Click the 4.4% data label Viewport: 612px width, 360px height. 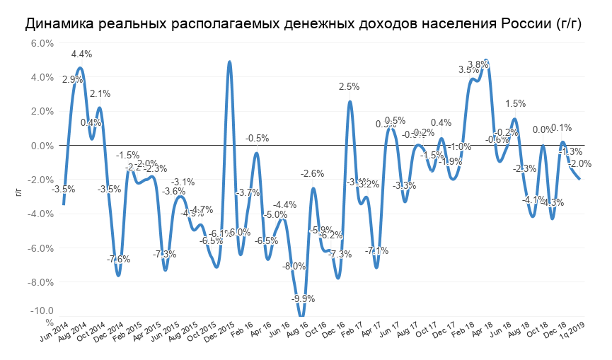(81, 54)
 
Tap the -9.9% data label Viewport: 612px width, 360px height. (303, 298)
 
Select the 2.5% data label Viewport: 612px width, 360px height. (350, 86)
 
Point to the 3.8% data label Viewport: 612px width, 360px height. (478, 64)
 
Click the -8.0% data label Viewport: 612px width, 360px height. (294, 266)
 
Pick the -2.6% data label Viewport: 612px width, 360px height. (313, 173)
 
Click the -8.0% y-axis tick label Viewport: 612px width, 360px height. (42, 282)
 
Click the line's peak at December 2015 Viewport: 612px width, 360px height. (229, 62)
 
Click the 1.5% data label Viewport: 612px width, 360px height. (516, 104)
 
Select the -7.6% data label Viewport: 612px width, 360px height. (118, 259)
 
